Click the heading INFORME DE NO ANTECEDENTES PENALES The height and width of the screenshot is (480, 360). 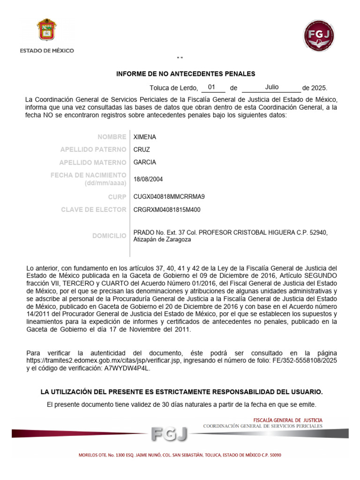coord(186,74)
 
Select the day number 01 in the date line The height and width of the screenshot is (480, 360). coord(212,87)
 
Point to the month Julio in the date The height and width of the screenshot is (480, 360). coord(272,87)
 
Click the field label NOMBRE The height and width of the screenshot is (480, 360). coord(112,137)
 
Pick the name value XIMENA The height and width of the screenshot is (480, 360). coord(145,137)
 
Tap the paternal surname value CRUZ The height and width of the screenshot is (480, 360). coord(142,150)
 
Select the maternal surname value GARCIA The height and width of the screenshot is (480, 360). coord(145,162)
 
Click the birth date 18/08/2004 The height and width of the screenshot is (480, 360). coord(148,179)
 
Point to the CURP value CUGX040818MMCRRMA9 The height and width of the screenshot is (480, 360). coord(169,197)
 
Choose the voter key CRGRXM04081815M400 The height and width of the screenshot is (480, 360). coord(167,210)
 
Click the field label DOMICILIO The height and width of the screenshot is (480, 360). coord(109,236)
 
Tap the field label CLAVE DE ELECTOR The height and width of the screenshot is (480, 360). coord(93,210)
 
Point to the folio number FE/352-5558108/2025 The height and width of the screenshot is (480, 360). coord(305,360)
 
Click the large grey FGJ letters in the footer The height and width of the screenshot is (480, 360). coord(169,435)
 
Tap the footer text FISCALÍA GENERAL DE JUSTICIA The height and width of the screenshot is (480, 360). coord(288,420)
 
